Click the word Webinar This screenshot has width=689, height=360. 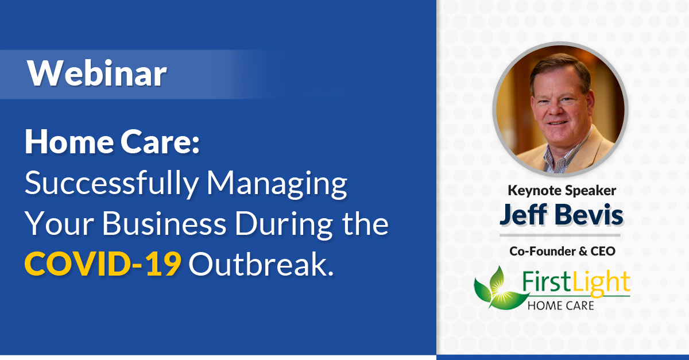(x=97, y=73)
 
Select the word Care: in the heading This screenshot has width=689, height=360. (x=160, y=142)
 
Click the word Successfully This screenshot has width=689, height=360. (x=111, y=184)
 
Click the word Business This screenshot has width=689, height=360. (x=164, y=224)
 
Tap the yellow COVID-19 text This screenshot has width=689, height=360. (x=103, y=264)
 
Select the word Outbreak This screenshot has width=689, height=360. (x=261, y=264)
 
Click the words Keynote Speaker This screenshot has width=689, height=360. (x=562, y=191)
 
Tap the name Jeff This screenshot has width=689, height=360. (x=524, y=215)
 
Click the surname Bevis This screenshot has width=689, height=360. (x=589, y=215)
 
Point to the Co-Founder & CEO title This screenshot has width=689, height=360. (x=562, y=251)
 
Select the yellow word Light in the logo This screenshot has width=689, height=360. (x=601, y=284)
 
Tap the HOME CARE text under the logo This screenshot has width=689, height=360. (x=561, y=305)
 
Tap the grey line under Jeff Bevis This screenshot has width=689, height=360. (x=560, y=235)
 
